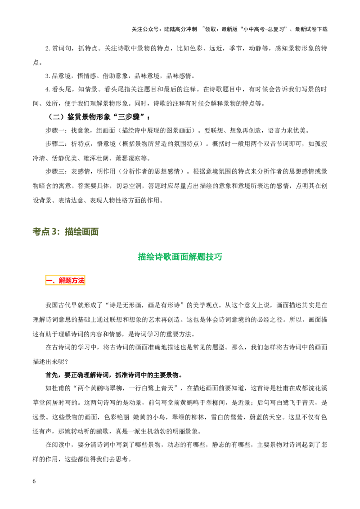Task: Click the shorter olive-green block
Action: pos(46,232)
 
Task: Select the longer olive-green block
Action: pos(82,232)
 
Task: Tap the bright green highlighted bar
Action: pos(180,257)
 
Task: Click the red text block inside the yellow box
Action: pos(71,281)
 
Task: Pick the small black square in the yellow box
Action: pos(55,279)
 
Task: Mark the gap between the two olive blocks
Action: pos(63,232)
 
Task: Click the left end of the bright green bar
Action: pos(138,257)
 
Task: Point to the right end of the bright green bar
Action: pos(222,257)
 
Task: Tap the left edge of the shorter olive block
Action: pos(33,232)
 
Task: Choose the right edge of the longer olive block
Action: pos(99,232)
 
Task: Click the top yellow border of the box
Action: pos(65,275)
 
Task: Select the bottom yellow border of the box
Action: pos(65,286)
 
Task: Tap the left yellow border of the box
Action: pos(45,281)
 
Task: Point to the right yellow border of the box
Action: pos(85,281)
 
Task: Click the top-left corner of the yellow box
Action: pos(44,274)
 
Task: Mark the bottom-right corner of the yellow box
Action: pos(85,286)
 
